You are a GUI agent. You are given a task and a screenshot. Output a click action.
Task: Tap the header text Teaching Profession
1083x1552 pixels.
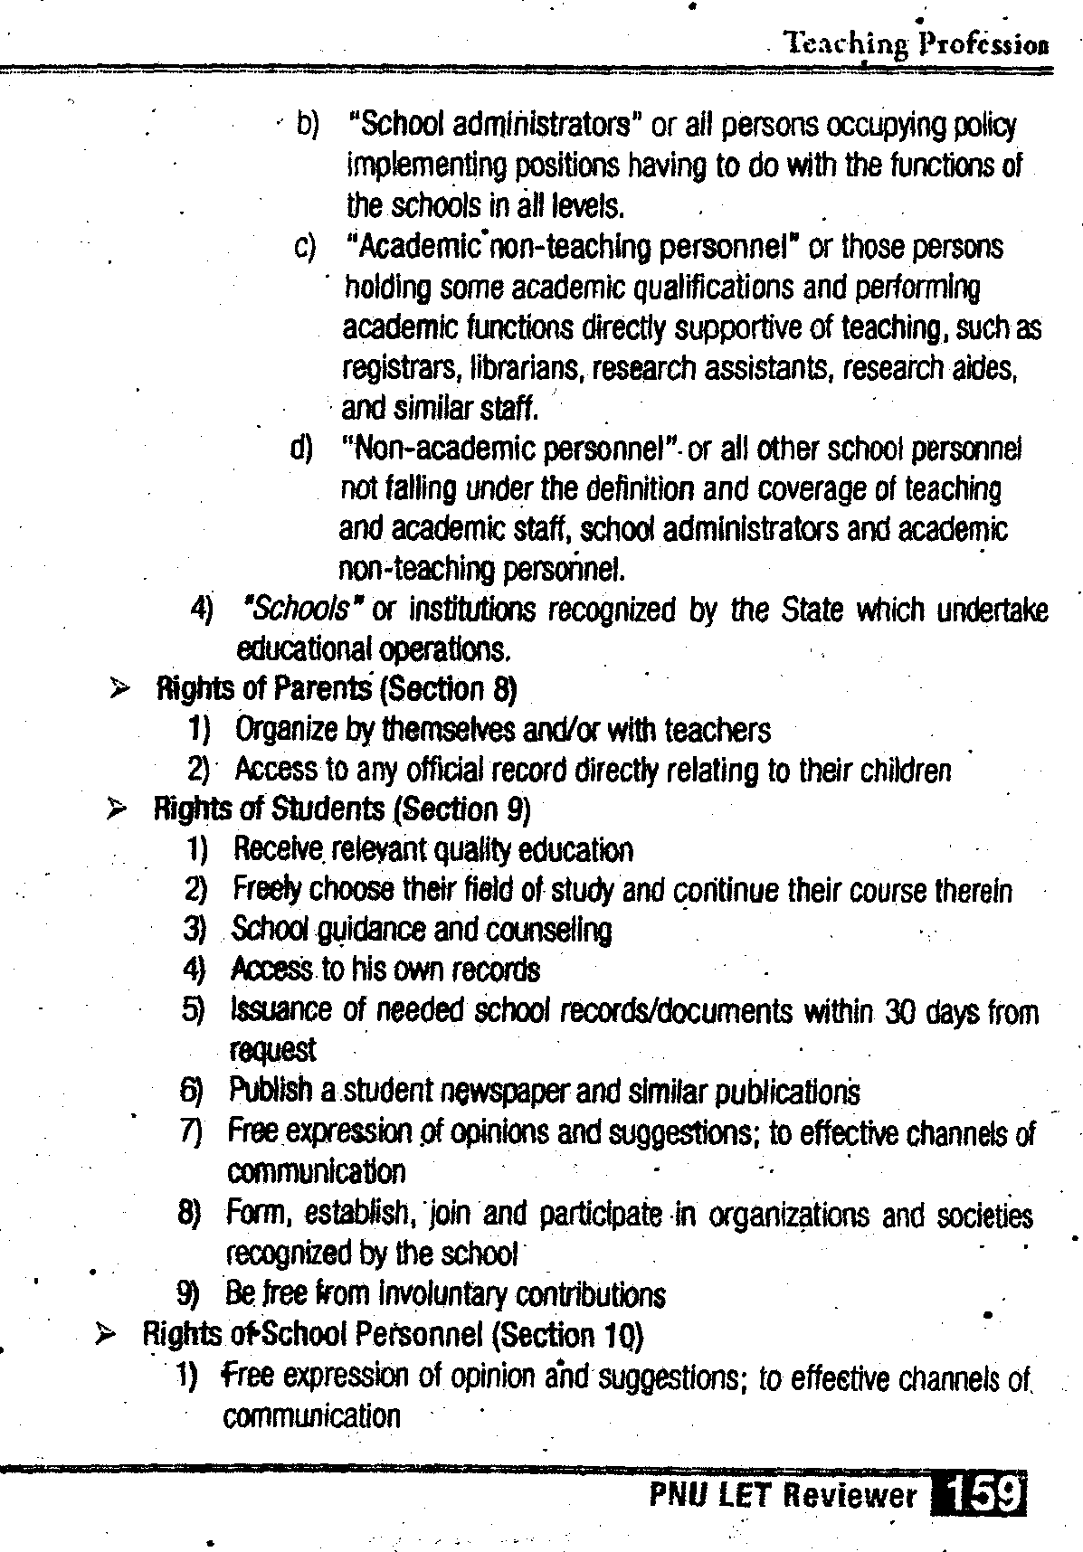click(x=917, y=43)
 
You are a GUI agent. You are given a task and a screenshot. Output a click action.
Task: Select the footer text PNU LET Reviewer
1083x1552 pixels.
click(x=783, y=1495)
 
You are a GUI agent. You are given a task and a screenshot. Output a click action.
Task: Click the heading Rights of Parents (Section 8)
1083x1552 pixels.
click(x=336, y=690)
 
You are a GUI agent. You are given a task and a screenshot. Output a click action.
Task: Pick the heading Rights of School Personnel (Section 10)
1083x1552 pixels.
click(x=394, y=1334)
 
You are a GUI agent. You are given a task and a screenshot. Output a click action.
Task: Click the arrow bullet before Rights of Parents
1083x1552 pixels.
click(x=119, y=691)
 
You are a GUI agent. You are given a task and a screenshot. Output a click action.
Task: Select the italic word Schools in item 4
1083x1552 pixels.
click(x=298, y=610)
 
